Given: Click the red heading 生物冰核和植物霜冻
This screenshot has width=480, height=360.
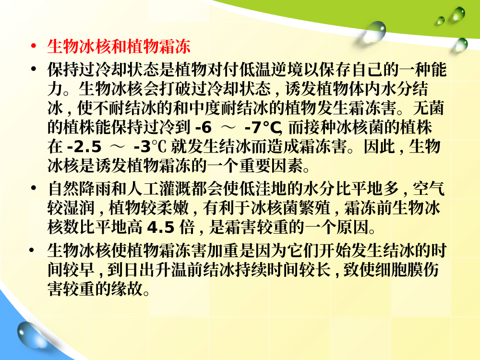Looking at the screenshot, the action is click(119, 47).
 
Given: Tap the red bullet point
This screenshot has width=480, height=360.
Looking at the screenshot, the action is click(34, 47).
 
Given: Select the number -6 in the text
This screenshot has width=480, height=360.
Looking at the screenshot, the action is click(204, 127).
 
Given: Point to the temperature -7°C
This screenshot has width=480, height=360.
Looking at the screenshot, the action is click(263, 127).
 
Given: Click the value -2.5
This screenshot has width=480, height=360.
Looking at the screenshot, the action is click(84, 146).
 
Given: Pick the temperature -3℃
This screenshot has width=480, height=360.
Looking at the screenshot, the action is click(150, 146).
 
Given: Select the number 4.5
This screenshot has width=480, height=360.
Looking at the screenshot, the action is click(161, 228).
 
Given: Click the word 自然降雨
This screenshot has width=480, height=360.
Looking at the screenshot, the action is click(79, 189).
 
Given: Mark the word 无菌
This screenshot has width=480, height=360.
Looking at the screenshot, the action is click(428, 108).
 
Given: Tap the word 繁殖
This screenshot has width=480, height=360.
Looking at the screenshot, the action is click(315, 208).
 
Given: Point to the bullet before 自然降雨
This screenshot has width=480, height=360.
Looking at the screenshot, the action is click(34, 188).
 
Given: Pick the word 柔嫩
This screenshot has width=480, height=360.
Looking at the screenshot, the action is click(172, 208).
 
